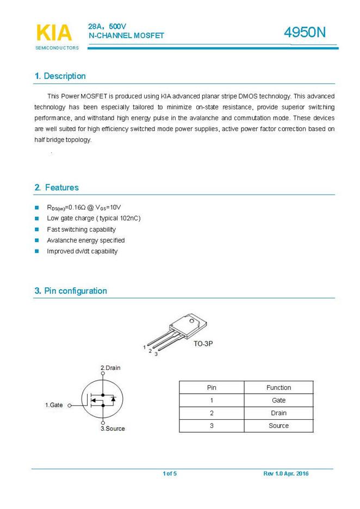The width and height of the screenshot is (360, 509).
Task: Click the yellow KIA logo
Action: click(x=54, y=33)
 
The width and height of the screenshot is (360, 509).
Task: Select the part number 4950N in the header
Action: click(x=305, y=33)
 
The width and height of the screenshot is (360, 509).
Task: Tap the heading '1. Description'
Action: click(x=60, y=76)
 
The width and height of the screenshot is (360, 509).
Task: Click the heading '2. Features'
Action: click(x=57, y=188)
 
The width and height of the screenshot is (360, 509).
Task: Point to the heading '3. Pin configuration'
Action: click(x=71, y=291)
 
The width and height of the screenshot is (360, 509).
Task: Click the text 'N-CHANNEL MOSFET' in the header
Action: click(x=126, y=35)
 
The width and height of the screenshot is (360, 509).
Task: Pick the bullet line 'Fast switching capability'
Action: click(x=81, y=229)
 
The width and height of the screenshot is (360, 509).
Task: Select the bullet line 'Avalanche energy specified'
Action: click(x=85, y=240)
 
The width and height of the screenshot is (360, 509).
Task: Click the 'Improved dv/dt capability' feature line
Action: click(x=82, y=251)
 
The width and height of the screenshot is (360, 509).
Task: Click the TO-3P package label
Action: click(x=203, y=344)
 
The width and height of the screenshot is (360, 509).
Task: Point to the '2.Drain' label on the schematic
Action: click(x=110, y=368)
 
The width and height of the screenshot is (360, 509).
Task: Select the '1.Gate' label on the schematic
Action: click(x=54, y=405)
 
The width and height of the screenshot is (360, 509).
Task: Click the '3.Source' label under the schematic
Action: click(x=113, y=429)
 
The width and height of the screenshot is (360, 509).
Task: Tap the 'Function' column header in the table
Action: click(x=278, y=388)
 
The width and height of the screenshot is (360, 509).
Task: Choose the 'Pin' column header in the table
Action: click(x=212, y=388)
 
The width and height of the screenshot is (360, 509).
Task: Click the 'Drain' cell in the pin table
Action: click(x=278, y=413)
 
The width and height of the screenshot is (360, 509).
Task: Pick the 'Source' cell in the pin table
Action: click(x=278, y=426)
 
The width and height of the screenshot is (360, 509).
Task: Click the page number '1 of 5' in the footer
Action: click(x=170, y=474)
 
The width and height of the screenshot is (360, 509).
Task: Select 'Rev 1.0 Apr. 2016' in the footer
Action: click(x=286, y=474)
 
